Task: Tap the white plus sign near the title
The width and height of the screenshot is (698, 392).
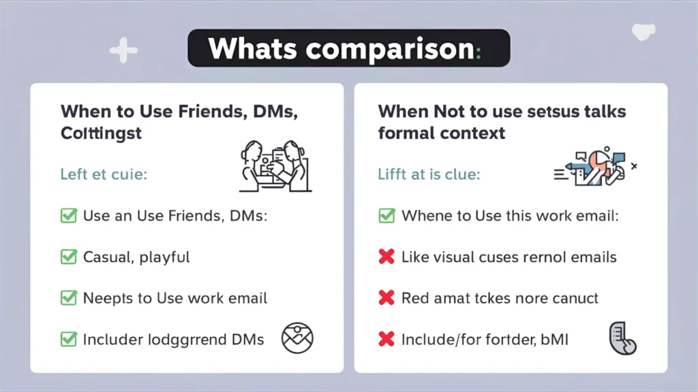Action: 123,50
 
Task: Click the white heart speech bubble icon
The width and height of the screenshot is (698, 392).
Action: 643,31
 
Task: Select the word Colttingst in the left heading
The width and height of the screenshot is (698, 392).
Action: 101,133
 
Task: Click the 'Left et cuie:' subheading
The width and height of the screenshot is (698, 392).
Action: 104,174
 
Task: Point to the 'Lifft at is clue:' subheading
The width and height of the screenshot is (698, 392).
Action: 429,174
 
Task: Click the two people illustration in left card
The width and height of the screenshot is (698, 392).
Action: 275,167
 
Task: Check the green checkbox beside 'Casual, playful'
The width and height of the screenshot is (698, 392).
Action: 68,257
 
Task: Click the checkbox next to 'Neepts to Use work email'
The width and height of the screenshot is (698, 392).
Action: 68,298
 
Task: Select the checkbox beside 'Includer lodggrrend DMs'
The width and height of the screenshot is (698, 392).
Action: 68,339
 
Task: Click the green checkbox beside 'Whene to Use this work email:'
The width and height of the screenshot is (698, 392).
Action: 386,216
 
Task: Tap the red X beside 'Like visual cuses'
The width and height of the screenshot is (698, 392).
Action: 386,257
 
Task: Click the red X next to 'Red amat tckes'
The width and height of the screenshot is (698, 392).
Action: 386,298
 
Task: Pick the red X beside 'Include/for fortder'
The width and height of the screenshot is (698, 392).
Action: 386,339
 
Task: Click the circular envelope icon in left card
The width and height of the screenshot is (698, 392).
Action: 297,338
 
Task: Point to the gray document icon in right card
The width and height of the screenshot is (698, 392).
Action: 622,338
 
